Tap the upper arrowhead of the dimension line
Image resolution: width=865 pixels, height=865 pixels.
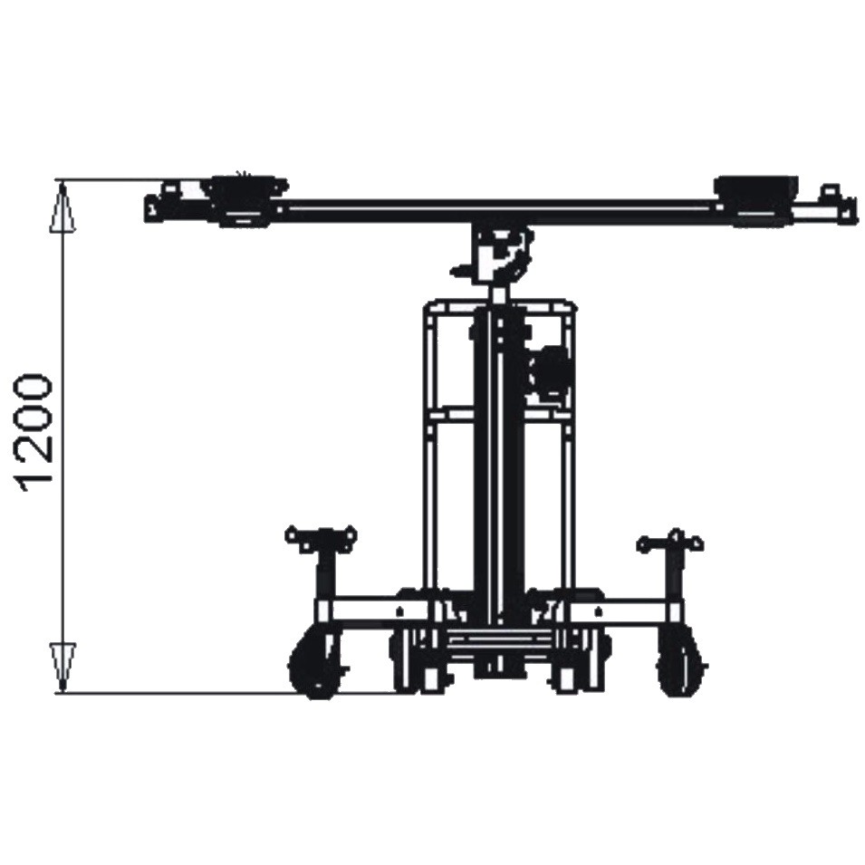coord(62,207)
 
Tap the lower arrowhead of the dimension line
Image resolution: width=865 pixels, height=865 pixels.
coord(63,667)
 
